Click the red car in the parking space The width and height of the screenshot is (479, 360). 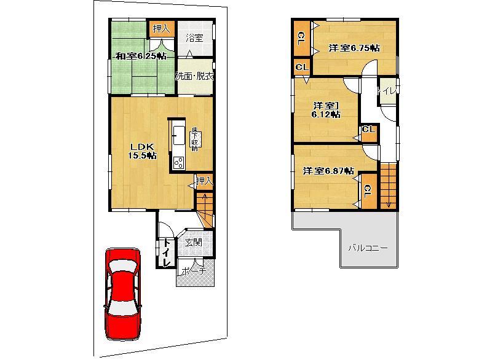pos(123,293)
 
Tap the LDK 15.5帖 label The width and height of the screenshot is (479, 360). pos(142,151)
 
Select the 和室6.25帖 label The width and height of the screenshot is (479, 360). pos(141,57)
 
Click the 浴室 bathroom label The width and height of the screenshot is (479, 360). pos(194,38)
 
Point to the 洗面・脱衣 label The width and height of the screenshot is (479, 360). pos(194,77)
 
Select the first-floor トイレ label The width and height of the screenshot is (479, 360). pos(166,252)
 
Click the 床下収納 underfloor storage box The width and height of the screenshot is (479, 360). pos(194,139)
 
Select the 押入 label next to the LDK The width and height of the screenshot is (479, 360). pos(205,181)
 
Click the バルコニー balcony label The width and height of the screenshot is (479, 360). pos(367,248)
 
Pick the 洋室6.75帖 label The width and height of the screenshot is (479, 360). pos(353,48)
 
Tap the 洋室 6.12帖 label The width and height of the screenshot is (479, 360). pos(325,109)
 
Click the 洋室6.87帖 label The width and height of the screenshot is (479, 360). pos(328,171)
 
